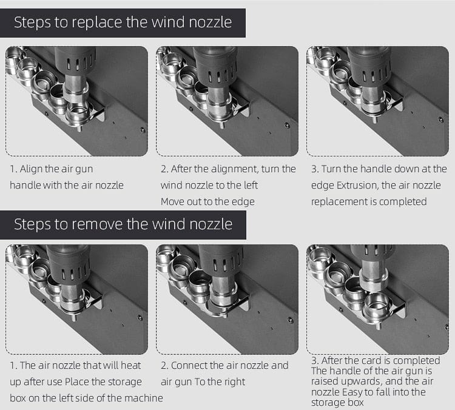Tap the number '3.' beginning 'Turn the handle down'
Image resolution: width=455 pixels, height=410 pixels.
[315, 169]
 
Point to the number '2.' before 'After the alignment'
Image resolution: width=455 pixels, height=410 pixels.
[164, 169]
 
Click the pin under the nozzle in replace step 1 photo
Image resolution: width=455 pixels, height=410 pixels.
[79, 128]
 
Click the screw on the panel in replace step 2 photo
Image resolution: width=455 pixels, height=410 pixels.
[287, 126]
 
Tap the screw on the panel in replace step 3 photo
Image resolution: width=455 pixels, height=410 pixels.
[440, 119]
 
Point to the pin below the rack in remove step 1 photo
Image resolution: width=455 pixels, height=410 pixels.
[74, 317]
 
